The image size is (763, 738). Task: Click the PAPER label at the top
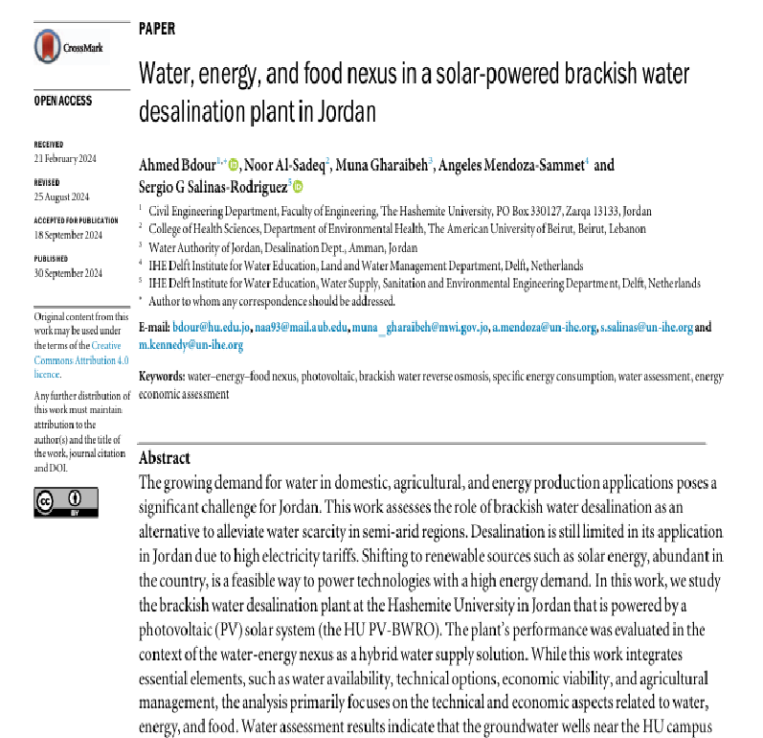pos(157,29)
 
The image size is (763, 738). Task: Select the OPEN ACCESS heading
pos(64,100)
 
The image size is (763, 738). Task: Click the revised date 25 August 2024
pos(61,196)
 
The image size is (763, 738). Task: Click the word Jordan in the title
pos(341,111)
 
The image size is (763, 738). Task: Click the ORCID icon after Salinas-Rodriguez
pos(297,187)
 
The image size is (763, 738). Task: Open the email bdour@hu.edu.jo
pos(218,328)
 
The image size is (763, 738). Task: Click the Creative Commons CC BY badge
pos(66,501)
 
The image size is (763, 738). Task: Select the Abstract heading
pos(165,458)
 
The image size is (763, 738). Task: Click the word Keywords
pos(161,377)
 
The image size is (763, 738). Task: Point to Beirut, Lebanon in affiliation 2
pos(599,228)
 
